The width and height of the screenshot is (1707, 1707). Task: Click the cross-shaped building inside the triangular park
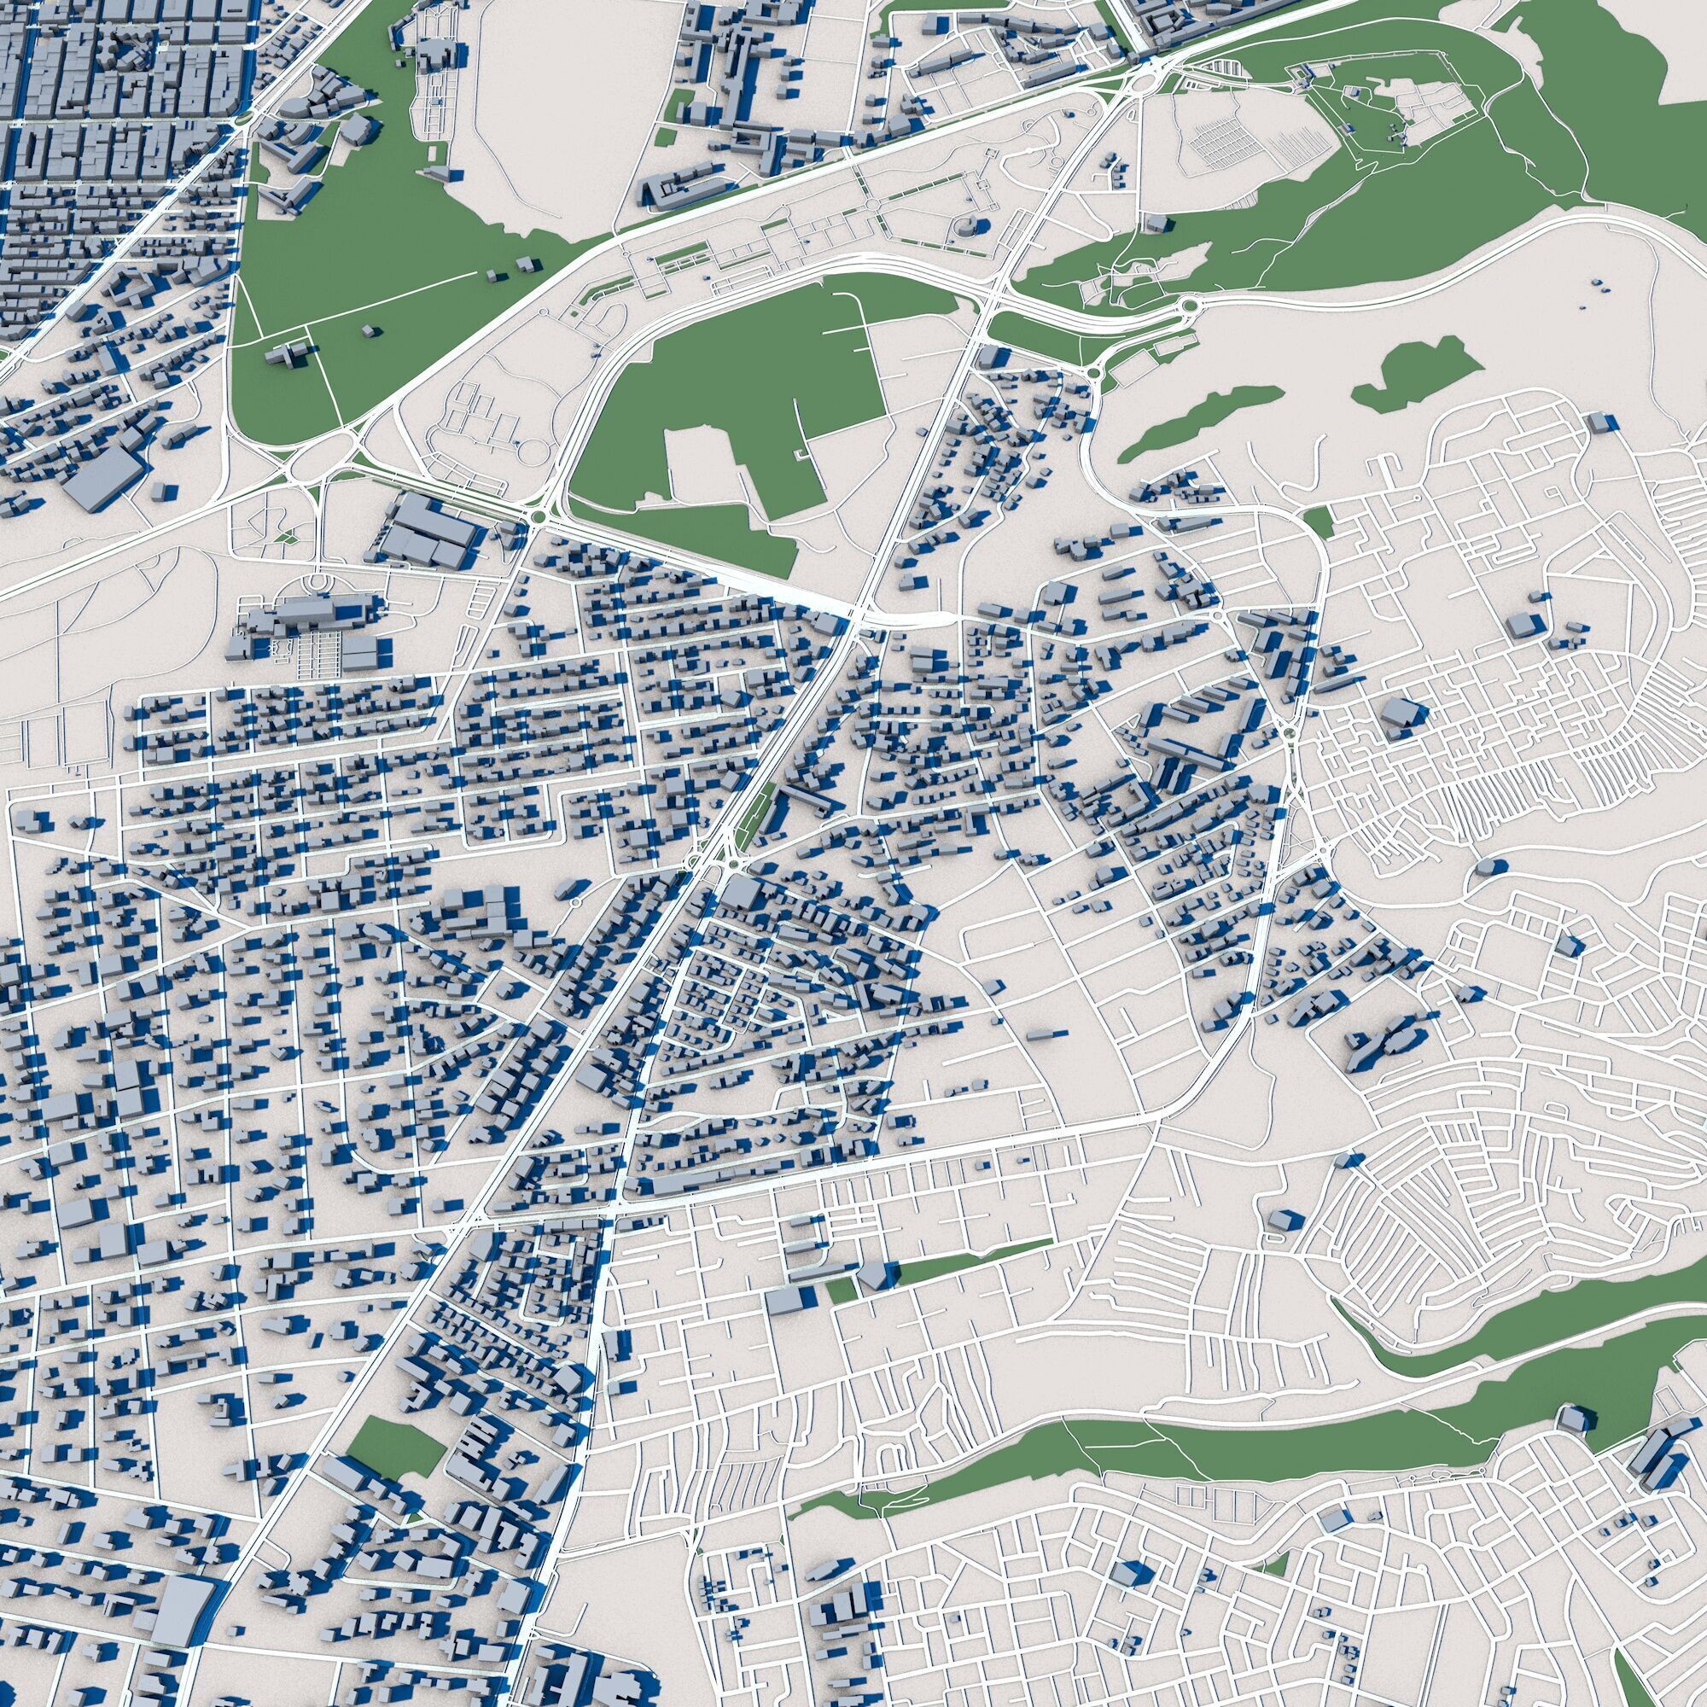pyautogui.click(x=288, y=354)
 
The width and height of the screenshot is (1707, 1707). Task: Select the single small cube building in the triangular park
pyautogui.click(x=370, y=329)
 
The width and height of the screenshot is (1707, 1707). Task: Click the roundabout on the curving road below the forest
pyautogui.click(x=1191, y=306)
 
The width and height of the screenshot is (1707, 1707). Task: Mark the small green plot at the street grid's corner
pyautogui.click(x=1319, y=521)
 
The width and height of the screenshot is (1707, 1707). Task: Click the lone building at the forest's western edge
pyautogui.click(x=1156, y=223)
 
